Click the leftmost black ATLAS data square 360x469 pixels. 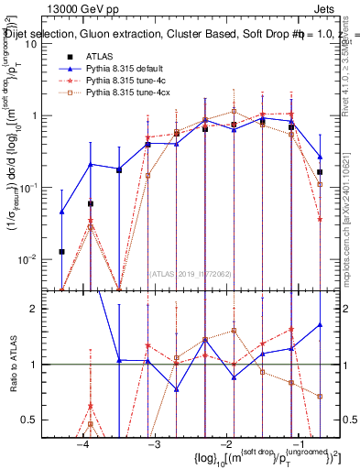pyautogui.click(x=61, y=251)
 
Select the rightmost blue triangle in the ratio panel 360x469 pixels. pyautogui.click(x=319, y=324)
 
